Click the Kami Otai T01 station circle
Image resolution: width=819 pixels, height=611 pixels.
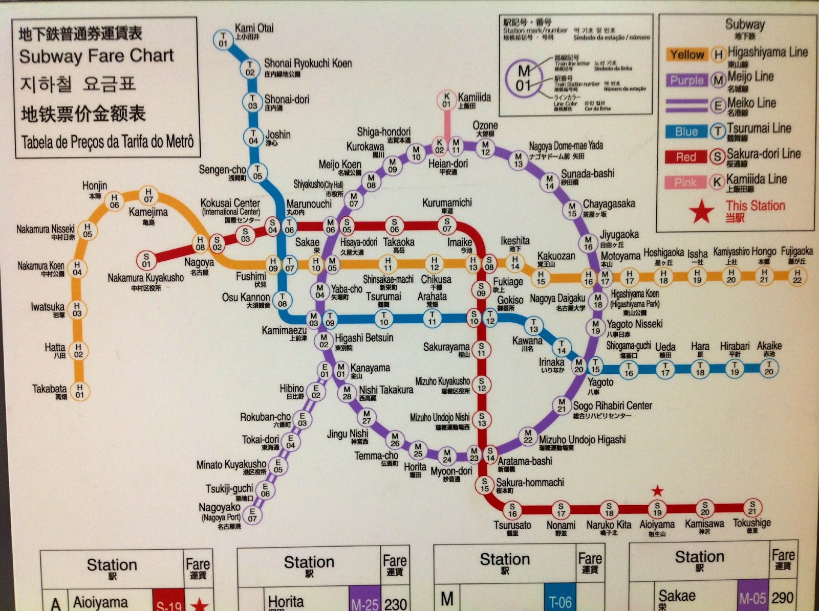(x=223, y=39)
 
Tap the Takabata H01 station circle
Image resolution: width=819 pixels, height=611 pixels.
(x=79, y=391)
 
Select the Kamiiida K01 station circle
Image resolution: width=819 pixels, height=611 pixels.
(x=446, y=100)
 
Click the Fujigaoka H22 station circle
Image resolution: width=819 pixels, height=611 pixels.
(x=797, y=276)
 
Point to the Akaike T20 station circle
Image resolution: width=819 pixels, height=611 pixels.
(x=769, y=368)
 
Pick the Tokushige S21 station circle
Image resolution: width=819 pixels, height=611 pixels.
(x=752, y=508)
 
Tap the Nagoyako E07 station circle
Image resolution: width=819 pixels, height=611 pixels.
(x=252, y=514)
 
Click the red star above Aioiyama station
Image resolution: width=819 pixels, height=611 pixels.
(x=657, y=491)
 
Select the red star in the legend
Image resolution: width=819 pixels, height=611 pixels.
(x=701, y=211)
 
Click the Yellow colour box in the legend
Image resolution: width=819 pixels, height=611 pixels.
(x=686, y=55)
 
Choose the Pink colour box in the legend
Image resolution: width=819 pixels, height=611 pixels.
(x=685, y=183)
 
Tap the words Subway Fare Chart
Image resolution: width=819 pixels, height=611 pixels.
(x=96, y=56)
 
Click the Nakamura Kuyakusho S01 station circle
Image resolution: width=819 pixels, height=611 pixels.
(x=146, y=260)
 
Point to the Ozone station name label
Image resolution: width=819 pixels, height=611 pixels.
(x=485, y=126)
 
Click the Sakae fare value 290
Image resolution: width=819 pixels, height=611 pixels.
(x=782, y=597)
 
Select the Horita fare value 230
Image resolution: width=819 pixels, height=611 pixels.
(x=395, y=603)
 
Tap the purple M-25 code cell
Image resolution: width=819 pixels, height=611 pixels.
(x=364, y=603)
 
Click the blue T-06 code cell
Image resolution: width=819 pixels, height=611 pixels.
(x=560, y=601)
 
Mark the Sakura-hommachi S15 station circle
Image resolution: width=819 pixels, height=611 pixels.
(x=484, y=485)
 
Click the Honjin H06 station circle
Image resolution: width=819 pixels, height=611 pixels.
(x=114, y=201)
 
